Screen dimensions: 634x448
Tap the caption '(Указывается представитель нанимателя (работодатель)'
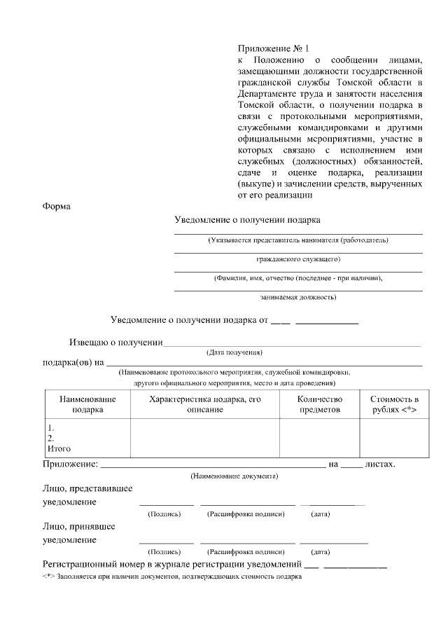pyautogui.click(x=298, y=240)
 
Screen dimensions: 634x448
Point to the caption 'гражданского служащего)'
pyautogui.click(x=298, y=259)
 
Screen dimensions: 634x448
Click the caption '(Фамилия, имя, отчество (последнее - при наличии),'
pyautogui.click(x=298, y=278)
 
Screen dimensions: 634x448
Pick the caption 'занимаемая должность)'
pyautogui.click(x=298, y=297)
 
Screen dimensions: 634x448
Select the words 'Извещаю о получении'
pyautogui.click(x=115, y=343)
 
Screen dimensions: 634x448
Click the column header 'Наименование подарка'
pyautogui.click(x=87, y=404)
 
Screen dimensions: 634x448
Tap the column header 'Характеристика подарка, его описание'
pyautogui.click(x=205, y=404)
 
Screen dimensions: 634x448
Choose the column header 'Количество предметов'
pyautogui.click(x=320, y=404)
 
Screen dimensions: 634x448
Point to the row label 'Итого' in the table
pyautogui.click(x=59, y=449)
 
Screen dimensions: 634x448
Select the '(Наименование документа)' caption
pyautogui.click(x=234, y=476)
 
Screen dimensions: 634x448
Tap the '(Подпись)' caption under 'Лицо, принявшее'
pyautogui.click(x=164, y=551)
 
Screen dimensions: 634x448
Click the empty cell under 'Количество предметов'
pyautogui.click(x=320, y=438)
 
